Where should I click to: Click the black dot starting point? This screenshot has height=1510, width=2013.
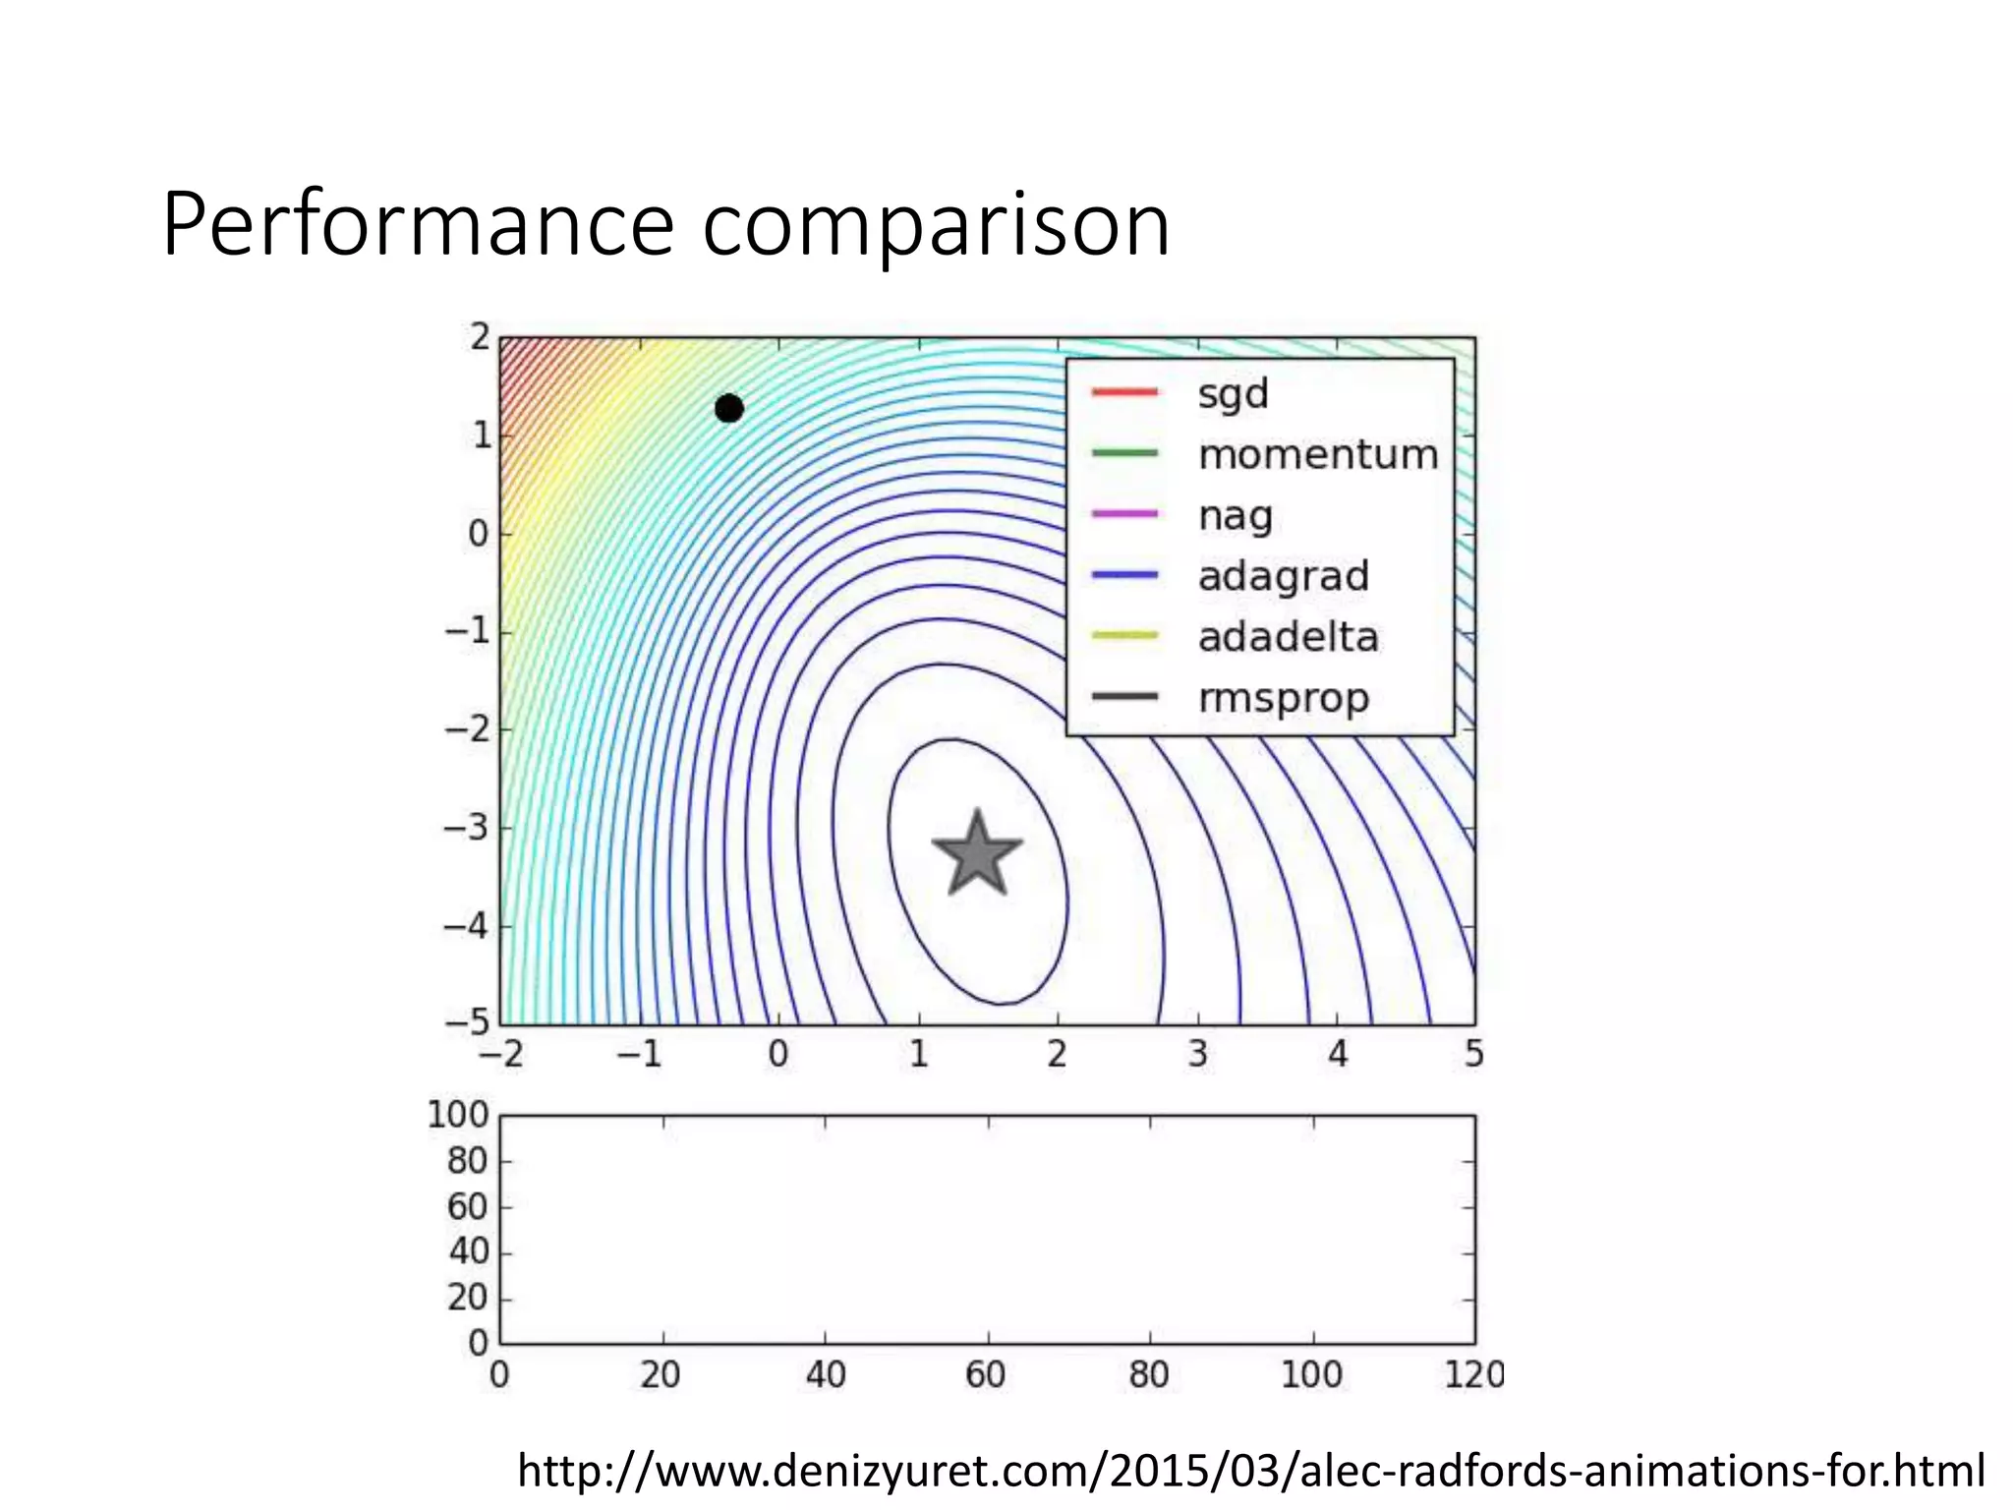(728, 408)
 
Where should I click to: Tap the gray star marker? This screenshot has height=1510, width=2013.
(977, 854)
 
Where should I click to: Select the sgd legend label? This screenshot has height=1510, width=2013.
(1233, 394)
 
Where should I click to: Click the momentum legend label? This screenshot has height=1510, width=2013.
(1317, 455)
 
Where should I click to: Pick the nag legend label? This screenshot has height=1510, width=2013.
(1235, 516)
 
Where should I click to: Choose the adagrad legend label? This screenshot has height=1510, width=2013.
(1283, 577)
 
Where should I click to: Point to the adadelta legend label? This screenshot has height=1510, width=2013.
(1288, 638)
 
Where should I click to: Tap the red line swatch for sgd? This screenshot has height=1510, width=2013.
(1124, 392)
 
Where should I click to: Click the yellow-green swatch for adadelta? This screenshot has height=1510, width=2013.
(1124, 636)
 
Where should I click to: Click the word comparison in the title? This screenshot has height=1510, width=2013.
(935, 226)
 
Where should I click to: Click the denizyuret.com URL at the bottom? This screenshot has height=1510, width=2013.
(1250, 1471)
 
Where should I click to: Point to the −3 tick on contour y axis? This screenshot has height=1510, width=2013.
(466, 827)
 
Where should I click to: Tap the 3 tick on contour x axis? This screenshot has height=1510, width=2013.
(1197, 1055)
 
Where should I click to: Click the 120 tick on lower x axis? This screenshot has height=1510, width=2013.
(1472, 1374)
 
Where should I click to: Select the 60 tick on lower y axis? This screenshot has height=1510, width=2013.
(467, 1206)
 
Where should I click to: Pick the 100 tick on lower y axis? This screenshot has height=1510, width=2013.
(457, 1115)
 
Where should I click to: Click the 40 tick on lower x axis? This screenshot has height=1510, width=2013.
(825, 1374)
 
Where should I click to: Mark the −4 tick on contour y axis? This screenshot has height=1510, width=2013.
(466, 925)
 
